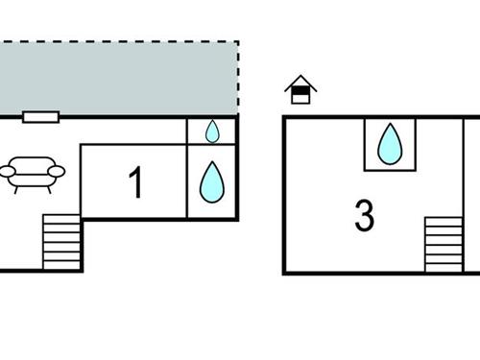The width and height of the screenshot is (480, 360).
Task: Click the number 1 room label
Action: (135, 182)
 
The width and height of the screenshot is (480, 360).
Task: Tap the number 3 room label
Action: (364, 216)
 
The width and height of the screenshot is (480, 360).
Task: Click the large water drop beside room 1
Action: (211, 180)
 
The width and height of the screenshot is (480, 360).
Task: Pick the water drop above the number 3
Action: (390, 144)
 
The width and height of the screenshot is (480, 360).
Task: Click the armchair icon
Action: (32, 173)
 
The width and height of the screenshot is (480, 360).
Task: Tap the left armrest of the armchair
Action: (8, 172)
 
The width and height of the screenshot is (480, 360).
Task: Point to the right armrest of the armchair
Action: (56, 172)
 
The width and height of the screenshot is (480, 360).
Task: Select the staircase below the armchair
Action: (61, 242)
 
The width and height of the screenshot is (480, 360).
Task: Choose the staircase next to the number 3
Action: (444, 244)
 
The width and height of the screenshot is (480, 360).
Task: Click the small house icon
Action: (300, 90)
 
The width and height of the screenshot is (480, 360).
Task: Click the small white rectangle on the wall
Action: (40, 116)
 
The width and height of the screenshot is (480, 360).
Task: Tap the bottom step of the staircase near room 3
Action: (444, 268)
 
